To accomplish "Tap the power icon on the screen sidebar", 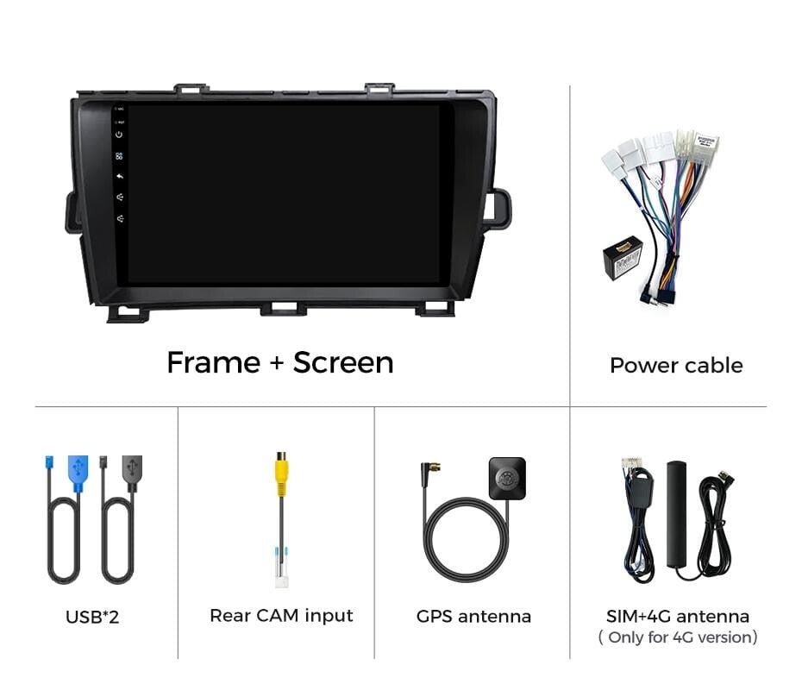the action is (x=119, y=135).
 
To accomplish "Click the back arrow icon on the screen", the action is (x=120, y=177).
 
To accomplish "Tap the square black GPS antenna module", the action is (x=507, y=479).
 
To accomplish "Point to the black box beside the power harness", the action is (x=623, y=259).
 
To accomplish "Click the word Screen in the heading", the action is (x=343, y=363).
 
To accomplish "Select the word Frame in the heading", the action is (x=213, y=363).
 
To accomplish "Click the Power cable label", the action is (x=676, y=366).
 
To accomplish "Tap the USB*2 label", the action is (x=92, y=617).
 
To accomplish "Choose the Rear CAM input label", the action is (x=281, y=616).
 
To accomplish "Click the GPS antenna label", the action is (x=473, y=616).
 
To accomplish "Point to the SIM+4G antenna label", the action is (x=678, y=616).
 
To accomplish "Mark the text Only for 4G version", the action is (x=678, y=637).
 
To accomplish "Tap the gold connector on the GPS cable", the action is (x=435, y=468).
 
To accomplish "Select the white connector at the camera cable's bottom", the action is (x=281, y=580).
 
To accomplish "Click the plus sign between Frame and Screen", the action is (x=277, y=363).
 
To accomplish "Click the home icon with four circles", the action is (x=119, y=156).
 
